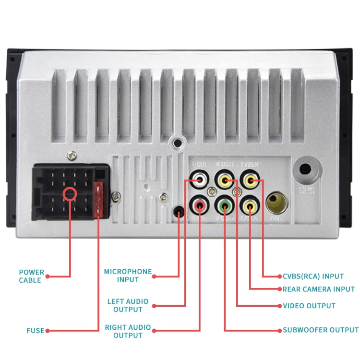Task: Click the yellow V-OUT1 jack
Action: pos(224,181)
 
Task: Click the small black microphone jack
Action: pos(179,211)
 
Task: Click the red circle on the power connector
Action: pos(70,194)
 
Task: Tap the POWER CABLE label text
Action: pos(32,276)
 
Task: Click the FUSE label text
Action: pos(35,330)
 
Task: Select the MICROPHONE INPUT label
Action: pos(128,276)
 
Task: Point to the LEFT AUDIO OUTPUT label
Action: pos(128,305)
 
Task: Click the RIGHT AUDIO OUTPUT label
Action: pos(128,331)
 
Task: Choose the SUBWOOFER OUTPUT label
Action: pos(320,330)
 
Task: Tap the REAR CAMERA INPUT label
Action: pos(318,289)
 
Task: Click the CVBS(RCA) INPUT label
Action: pos(313,276)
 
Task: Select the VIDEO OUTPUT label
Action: pos(309,306)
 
